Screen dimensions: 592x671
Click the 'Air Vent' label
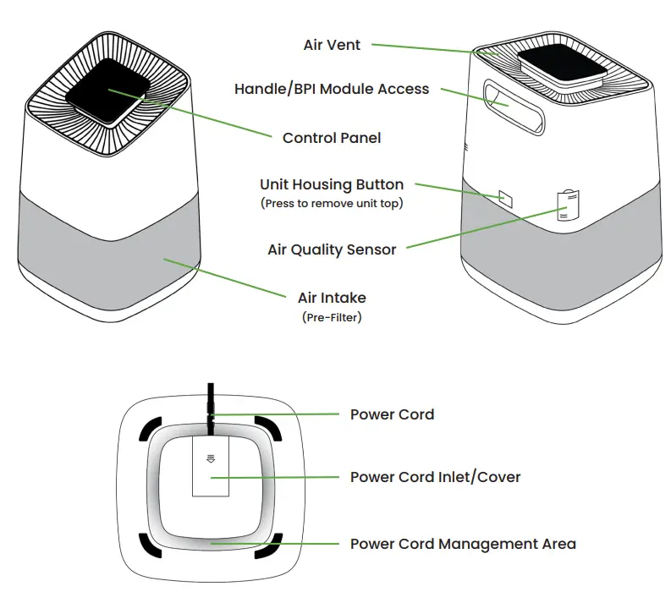pyautogui.click(x=332, y=45)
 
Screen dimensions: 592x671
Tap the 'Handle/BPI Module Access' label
pyautogui.click(x=332, y=89)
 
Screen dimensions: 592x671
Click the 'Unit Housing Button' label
pyautogui.click(x=332, y=184)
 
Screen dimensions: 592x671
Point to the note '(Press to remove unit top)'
pyautogui.click(x=332, y=203)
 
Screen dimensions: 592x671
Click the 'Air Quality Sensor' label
pyautogui.click(x=332, y=249)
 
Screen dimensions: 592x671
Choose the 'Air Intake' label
pyautogui.click(x=332, y=298)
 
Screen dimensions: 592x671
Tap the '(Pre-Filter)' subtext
pyautogui.click(x=332, y=317)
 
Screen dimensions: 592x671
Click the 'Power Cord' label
pyautogui.click(x=392, y=414)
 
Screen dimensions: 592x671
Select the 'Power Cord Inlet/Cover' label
pyautogui.click(x=435, y=477)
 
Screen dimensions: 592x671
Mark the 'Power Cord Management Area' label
pyautogui.click(x=463, y=544)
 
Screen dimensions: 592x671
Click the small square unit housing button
pyautogui.click(x=506, y=198)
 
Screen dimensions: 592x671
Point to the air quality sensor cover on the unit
pyautogui.click(x=568, y=206)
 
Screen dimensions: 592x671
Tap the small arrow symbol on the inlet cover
pyautogui.click(x=212, y=458)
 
